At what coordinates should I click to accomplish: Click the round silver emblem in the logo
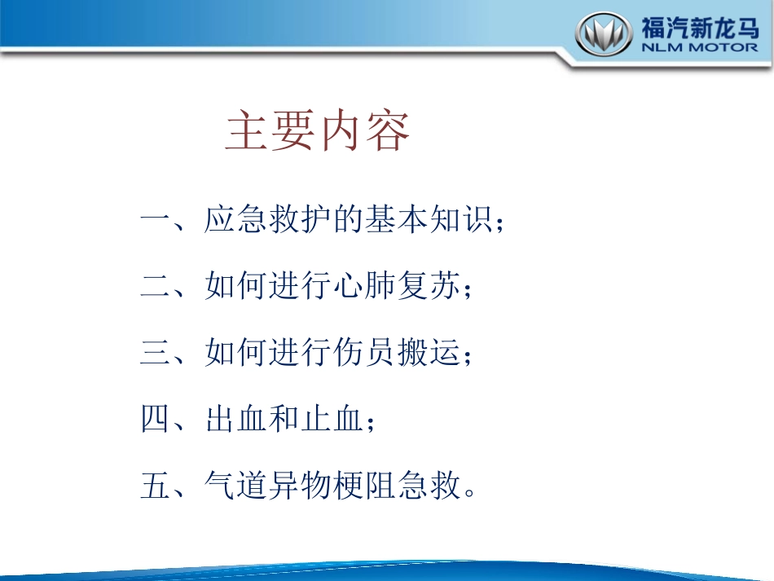click(605, 36)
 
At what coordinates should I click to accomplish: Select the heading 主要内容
click(318, 132)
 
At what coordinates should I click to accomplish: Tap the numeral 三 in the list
click(156, 355)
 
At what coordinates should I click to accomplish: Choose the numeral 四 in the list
click(156, 421)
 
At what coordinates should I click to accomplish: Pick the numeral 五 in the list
click(156, 488)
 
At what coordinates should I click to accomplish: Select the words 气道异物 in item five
click(268, 488)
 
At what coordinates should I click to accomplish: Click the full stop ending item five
click(469, 494)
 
